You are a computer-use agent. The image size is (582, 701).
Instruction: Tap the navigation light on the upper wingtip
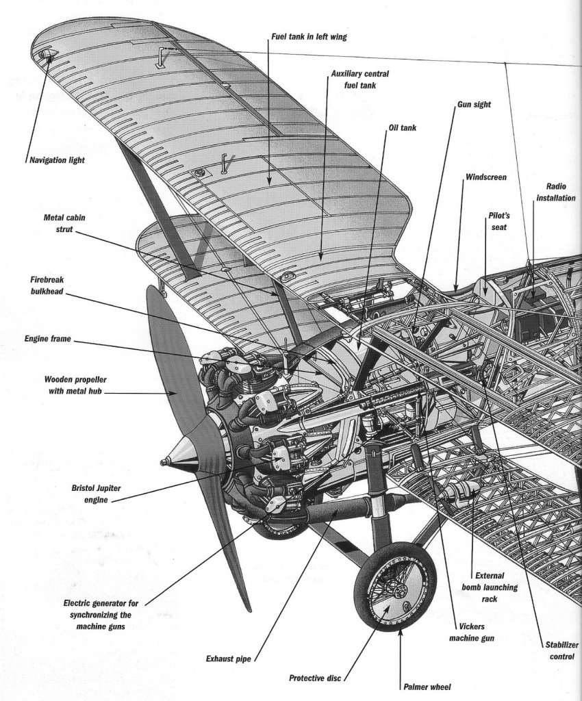coord(47,54)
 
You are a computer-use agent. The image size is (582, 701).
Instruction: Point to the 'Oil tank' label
coord(403,127)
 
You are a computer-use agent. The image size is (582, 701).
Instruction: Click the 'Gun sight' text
coord(474,105)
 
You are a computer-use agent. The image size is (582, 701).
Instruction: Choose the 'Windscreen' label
coord(485,177)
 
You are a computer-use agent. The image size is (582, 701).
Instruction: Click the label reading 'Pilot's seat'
coord(498,220)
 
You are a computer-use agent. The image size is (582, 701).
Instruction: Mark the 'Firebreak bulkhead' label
coord(45,286)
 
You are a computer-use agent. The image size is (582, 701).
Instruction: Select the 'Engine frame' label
coord(47,338)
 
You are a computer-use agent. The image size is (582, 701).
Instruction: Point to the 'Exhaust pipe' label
coord(228,659)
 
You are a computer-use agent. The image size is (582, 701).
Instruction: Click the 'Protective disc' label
coord(314,678)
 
